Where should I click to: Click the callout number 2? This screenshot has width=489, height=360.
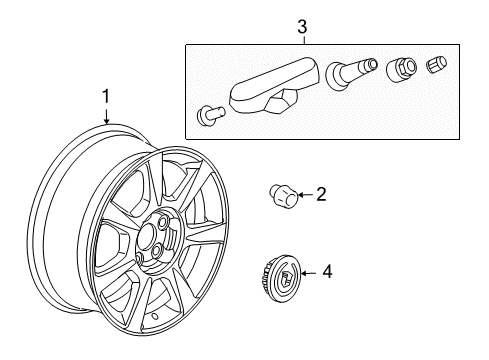click(320, 195)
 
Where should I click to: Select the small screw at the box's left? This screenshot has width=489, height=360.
click(207, 113)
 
